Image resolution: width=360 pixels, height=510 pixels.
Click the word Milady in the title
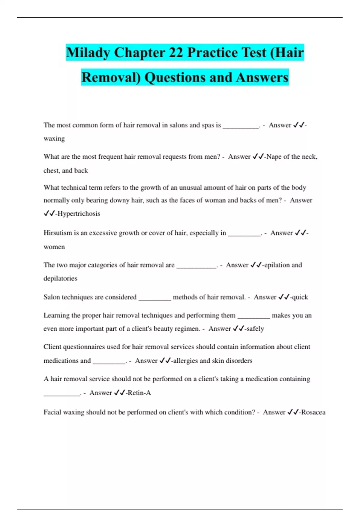pos(88,53)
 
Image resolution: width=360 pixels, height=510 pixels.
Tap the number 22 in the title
pos(175,53)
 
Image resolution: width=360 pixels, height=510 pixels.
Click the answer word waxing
pos(54,139)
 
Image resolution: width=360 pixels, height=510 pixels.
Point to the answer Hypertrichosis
pos(79,214)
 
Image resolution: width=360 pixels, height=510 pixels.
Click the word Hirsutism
pos(58,233)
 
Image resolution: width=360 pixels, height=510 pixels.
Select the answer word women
pos(54,247)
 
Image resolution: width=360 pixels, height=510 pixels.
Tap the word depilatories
pos(60,278)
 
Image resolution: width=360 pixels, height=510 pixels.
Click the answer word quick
pos(300,297)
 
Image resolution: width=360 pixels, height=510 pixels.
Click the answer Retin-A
pos(139,393)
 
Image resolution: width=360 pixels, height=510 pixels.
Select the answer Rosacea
pos(313,412)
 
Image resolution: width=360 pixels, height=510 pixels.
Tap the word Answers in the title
pos(262,77)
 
